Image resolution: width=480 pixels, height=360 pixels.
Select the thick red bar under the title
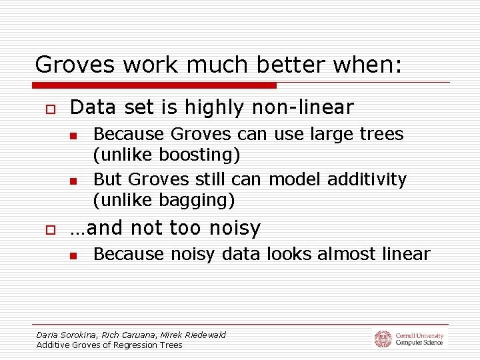click(154, 85)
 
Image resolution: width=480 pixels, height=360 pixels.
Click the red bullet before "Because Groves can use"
click(74, 136)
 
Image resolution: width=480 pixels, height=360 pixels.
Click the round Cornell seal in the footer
click(383, 339)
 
